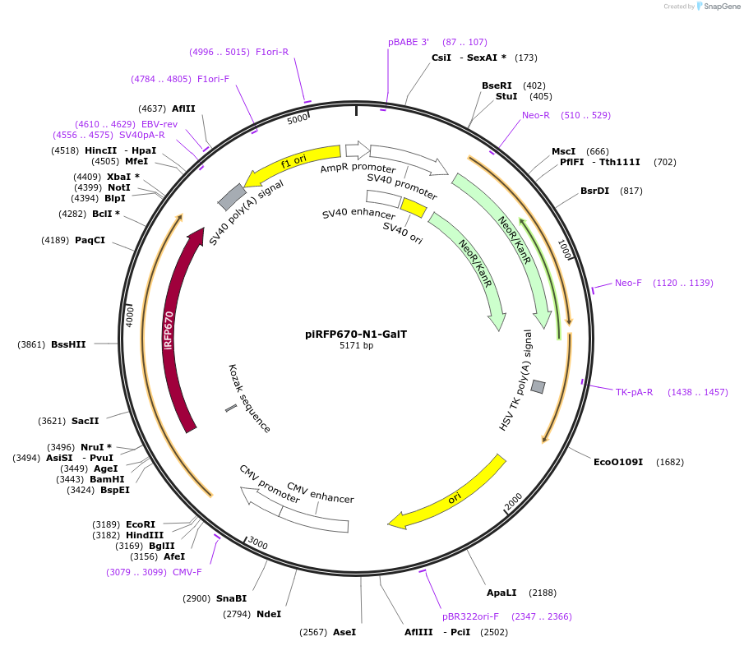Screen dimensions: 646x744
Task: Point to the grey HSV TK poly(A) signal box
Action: [x=538, y=386]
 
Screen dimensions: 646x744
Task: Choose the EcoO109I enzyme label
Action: [x=618, y=462]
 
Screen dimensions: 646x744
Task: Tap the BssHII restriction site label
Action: [x=68, y=344]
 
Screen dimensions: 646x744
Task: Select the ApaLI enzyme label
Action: [x=501, y=593]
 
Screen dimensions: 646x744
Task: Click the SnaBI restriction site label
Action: [x=231, y=598]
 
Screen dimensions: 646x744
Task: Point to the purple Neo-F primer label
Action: [x=628, y=283]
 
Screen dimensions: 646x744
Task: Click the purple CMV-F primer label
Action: [x=187, y=572]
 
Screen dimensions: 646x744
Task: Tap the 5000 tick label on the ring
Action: [x=298, y=119]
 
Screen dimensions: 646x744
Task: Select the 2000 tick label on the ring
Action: [x=513, y=501]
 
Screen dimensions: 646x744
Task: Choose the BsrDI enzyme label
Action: [x=594, y=191]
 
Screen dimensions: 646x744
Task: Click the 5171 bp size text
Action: [x=356, y=346]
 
